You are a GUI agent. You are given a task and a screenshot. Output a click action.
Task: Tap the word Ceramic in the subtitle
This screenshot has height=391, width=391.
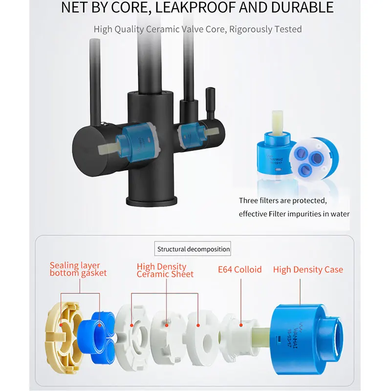(163, 29)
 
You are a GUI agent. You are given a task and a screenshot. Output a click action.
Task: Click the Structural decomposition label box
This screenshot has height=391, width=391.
(193, 249)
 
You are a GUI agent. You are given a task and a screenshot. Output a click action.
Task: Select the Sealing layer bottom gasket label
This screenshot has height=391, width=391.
(78, 269)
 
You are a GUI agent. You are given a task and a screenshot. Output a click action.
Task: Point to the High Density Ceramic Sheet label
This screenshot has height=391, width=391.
(165, 270)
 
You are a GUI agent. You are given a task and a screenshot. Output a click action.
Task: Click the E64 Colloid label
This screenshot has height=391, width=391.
(239, 270)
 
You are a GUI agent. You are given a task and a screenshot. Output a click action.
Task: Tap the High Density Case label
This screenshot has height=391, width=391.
(308, 270)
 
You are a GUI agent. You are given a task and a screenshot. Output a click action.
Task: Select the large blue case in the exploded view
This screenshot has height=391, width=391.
(307, 339)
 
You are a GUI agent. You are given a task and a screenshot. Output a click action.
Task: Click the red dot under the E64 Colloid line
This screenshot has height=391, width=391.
(241, 325)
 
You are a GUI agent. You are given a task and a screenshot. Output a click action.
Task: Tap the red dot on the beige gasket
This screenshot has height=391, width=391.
(61, 325)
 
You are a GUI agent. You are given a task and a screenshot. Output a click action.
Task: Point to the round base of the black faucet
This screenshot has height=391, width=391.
(152, 201)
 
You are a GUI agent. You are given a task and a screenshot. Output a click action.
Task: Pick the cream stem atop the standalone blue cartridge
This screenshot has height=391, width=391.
(277, 123)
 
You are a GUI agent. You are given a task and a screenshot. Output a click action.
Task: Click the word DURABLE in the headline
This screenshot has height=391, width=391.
(302, 7)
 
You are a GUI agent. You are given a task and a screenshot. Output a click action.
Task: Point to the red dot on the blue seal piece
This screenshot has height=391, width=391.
(99, 325)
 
